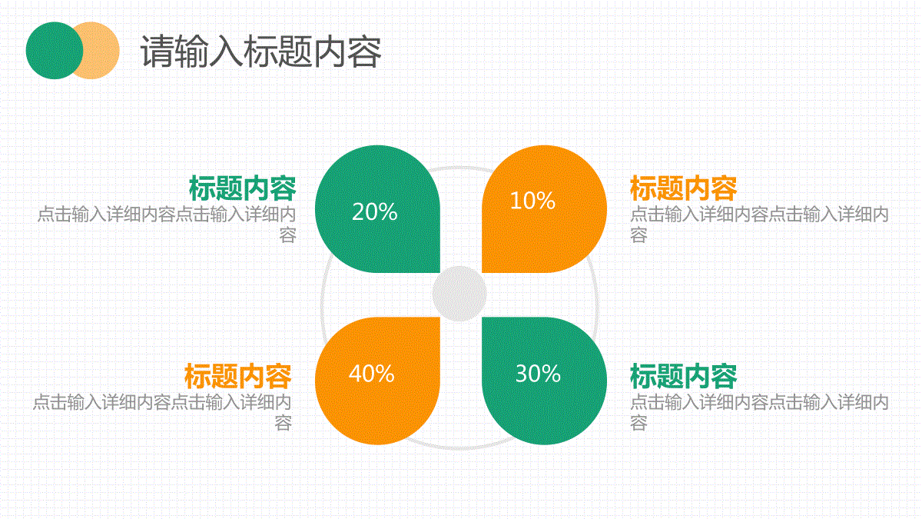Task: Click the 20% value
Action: [375, 211]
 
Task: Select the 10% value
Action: [532, 201]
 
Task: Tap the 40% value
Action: [372, 374]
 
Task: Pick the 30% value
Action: [538, 374]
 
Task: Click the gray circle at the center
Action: [459, 293]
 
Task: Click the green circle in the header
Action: [55, 50]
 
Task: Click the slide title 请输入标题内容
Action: [261, 52]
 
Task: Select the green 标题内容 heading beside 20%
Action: [243, 188]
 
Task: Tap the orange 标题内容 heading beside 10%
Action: [683, 188]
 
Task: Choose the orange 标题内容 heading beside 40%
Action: [238, 376]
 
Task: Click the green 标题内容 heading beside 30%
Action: [683, 376]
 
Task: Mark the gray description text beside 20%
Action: [167, 225]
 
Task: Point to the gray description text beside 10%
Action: [759, 225]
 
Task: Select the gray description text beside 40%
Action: [162, 412]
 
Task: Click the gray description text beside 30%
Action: [759, 412]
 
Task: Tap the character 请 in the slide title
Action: [157, 52]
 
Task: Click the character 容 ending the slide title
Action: [365, 52]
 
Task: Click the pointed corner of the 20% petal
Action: [439, 272]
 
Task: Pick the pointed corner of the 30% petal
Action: [483, 318]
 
